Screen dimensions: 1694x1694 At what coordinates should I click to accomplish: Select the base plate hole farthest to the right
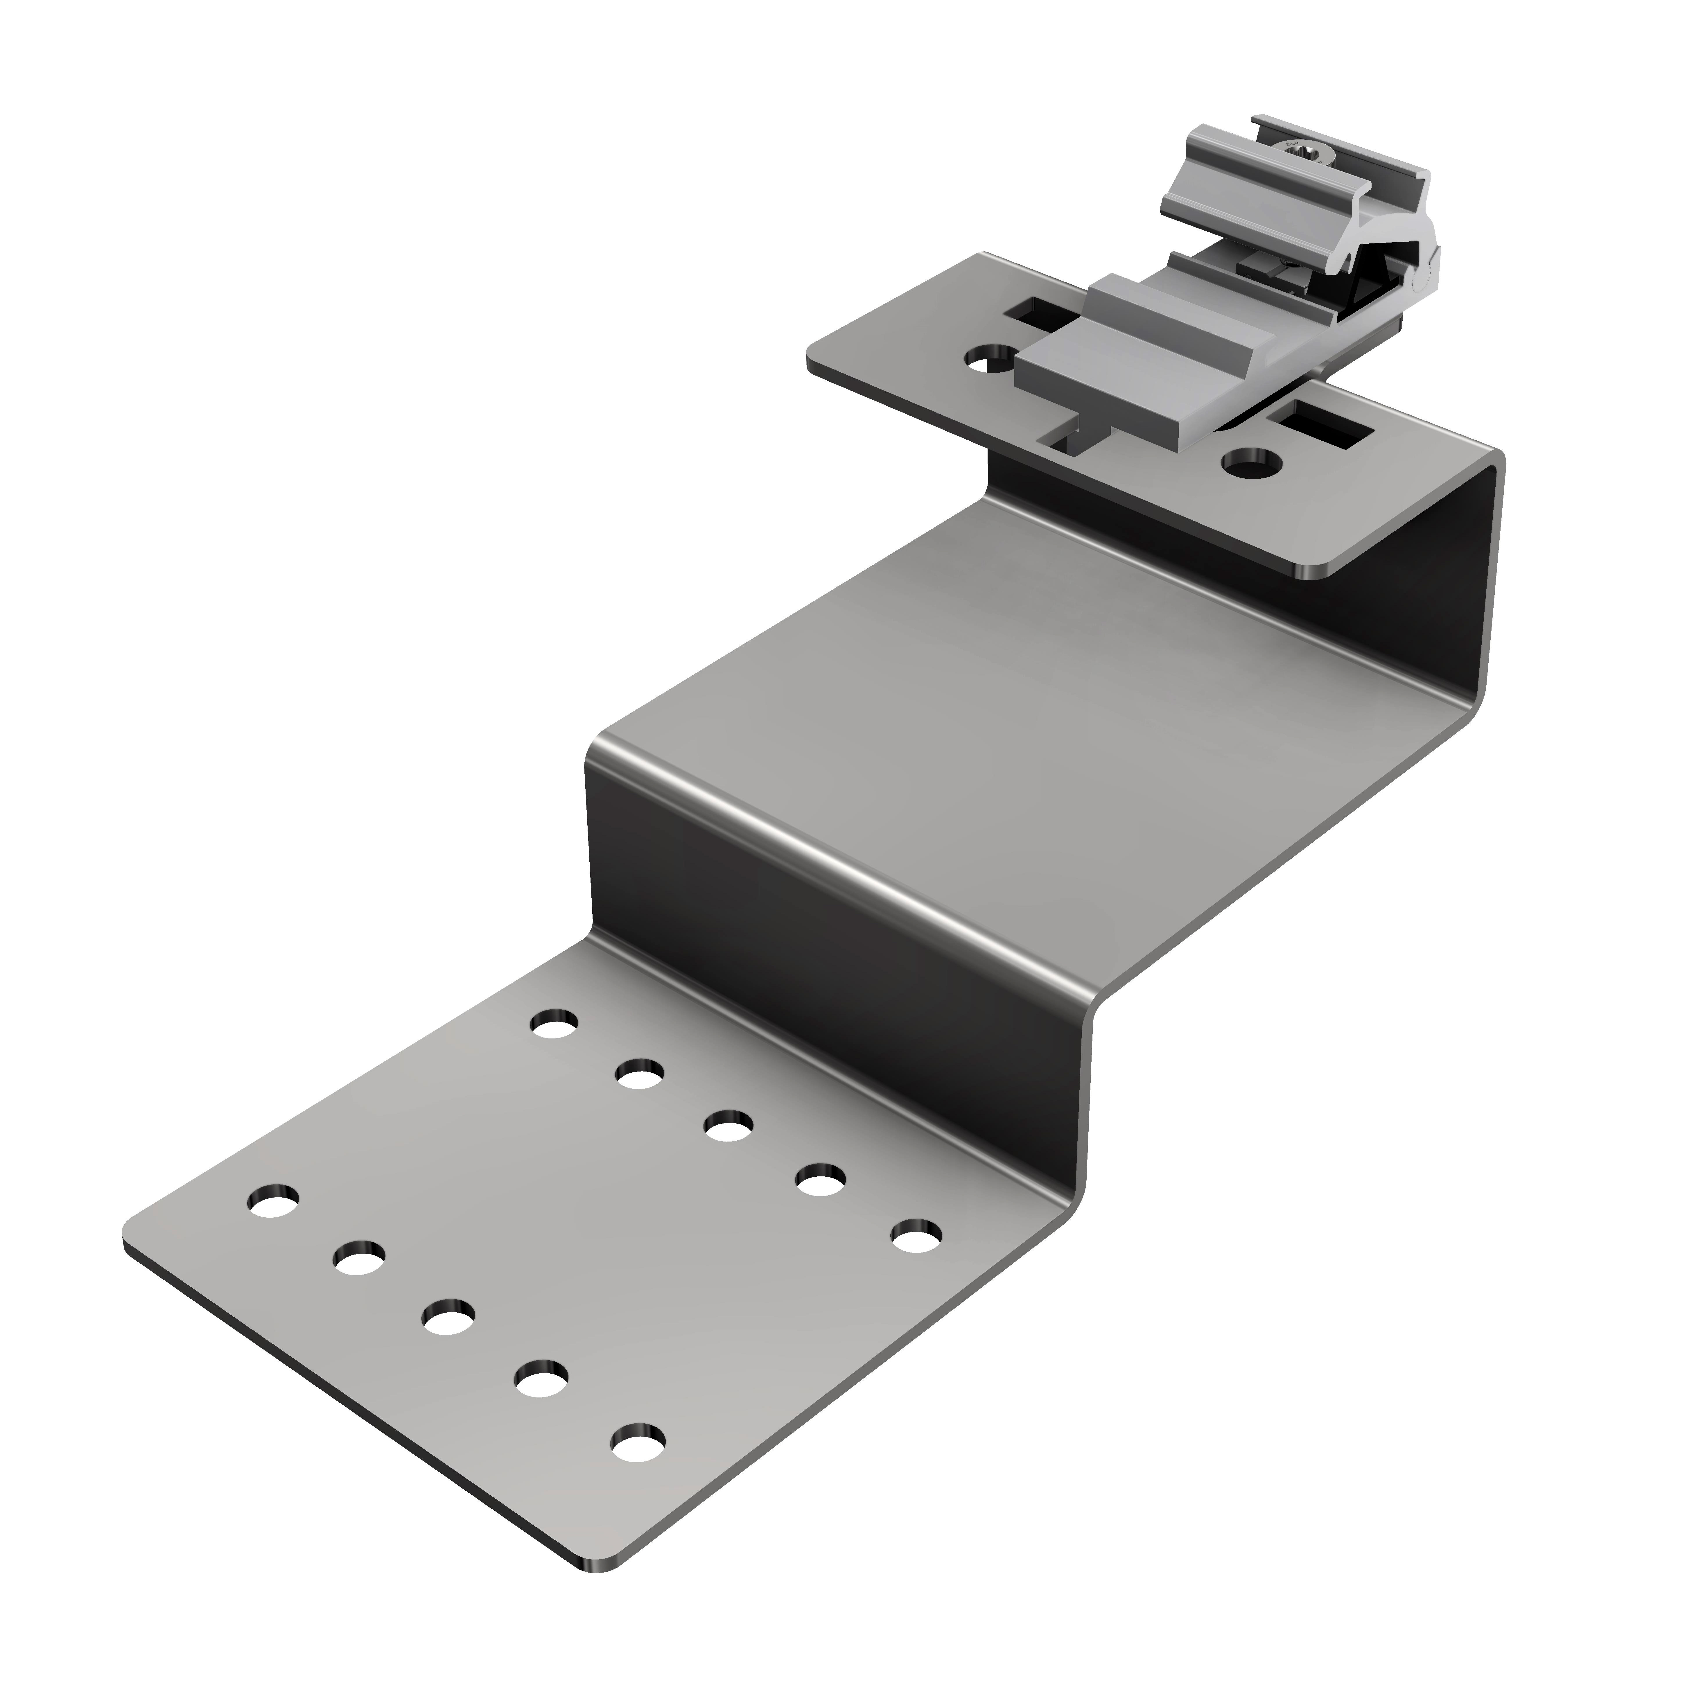pos(916,1238)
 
